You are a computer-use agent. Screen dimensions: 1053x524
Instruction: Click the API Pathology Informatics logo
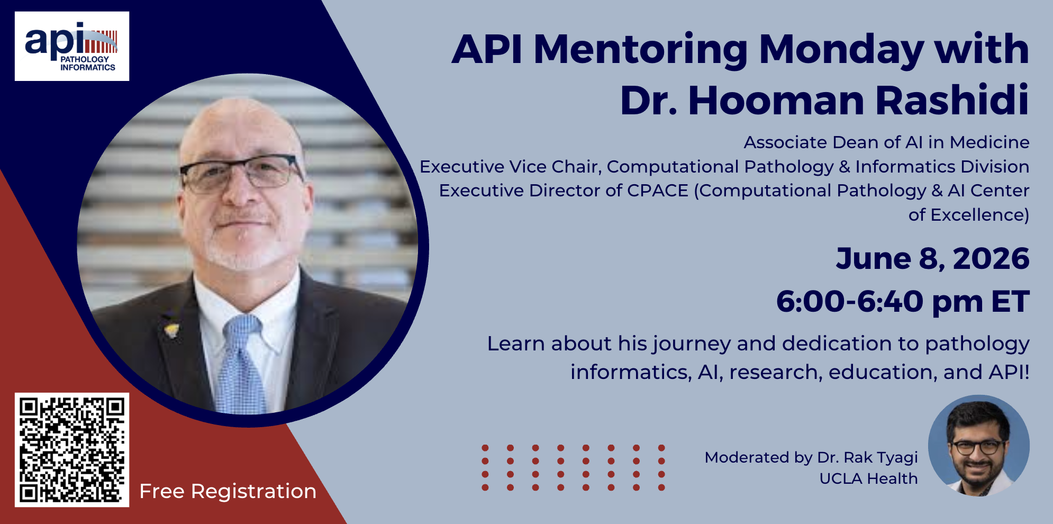pos(72,46)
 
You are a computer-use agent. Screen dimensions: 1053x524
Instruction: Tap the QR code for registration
pos(72,450)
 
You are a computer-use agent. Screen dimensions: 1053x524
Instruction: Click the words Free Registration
pos(228,491)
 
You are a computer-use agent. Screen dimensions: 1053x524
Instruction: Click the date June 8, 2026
pos(932,259)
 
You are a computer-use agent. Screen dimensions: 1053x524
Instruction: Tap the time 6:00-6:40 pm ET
pos(903,302)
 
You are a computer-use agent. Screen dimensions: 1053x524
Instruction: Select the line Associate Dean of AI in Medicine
pos(886,142)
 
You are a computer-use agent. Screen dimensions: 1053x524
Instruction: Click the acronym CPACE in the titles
pos(658,191)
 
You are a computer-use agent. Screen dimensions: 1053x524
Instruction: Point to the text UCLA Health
pos(868,478)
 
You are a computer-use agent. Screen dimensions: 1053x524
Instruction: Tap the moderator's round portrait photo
pos(979,446)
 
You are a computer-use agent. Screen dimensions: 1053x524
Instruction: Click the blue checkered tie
pos(242,365)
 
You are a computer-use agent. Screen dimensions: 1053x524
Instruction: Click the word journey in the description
pos(692,345)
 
